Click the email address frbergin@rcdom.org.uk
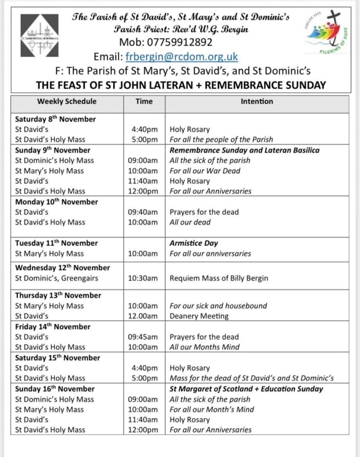pyautogui.click(x=181, y=57)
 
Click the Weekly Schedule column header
pyautogui.click(x=67, y=101)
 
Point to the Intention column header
pyautogui.click(x=257, y=101)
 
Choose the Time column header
pyautogui.click(x=144, y=101)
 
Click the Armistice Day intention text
pyautogui.click(x=194, y=243)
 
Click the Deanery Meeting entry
pyautogui.click(x=199, y=316)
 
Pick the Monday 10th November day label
pyautogui.click(x=56, y=202)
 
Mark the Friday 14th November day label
pyautogui.click(x=53, y=327)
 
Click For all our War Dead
pyautogui.click(x=205, y=170)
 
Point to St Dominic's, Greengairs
pyautogui.click(x=56, y=278)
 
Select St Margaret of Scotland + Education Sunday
pyautogui.click(x=246, y=389)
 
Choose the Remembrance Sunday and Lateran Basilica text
pyautogui.click(x=244, y=150)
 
